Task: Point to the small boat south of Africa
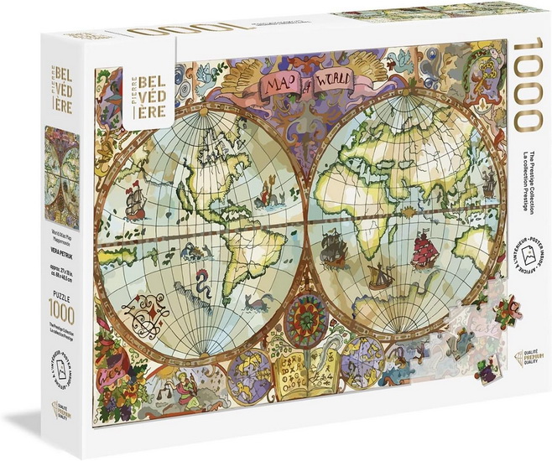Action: pyautogui.click(x=381, y=274)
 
